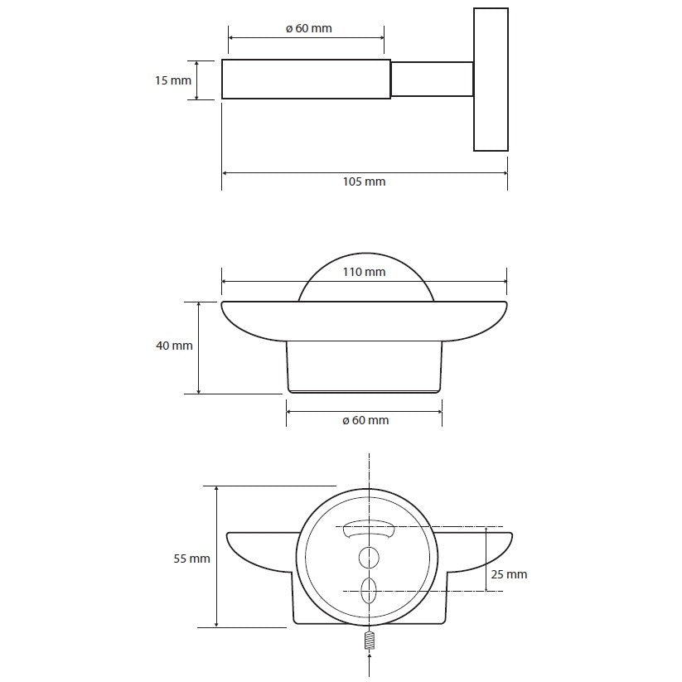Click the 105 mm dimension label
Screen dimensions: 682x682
364,181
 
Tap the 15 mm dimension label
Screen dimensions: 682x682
173,80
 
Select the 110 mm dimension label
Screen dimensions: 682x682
364,272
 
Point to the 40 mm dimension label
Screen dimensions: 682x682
174,346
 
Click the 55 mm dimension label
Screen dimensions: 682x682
191,559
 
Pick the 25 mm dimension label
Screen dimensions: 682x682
509,574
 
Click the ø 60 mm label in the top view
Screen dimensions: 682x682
309,28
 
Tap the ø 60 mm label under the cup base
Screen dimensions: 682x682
365,420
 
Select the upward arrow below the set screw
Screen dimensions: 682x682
370,663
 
